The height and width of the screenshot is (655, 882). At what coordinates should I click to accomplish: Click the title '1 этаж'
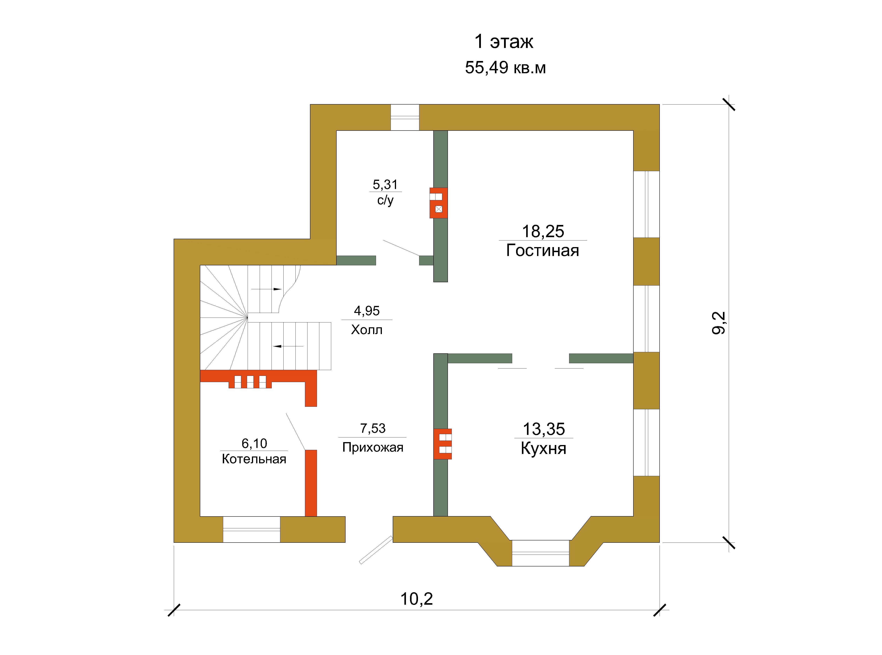tap(504, 42)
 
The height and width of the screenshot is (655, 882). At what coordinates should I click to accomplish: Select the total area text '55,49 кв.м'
tap(505, 68)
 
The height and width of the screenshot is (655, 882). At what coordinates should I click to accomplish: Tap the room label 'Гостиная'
tap(543, 251)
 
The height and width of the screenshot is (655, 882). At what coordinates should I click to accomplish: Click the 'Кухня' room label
tap(543, 449)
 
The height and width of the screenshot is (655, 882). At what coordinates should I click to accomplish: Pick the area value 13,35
tap(544, 429)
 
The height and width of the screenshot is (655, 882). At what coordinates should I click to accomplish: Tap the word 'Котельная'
tap(254, 459)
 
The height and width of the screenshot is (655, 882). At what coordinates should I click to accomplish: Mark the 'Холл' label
tap(367, 330)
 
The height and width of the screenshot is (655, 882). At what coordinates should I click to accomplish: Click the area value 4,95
tap(367, 311)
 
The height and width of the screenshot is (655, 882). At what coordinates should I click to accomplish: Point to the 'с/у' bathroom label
tap(385, 200)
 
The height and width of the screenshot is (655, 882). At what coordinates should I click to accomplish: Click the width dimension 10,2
tap(417, 599)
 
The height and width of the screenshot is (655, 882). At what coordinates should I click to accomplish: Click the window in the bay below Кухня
tap(541, 553)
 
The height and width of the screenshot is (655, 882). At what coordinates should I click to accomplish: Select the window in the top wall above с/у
tap(405, 117)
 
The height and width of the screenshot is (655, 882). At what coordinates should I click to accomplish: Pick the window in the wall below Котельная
tap(251, 529)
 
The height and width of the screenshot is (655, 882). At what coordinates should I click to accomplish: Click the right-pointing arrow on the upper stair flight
tap(266, 289)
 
